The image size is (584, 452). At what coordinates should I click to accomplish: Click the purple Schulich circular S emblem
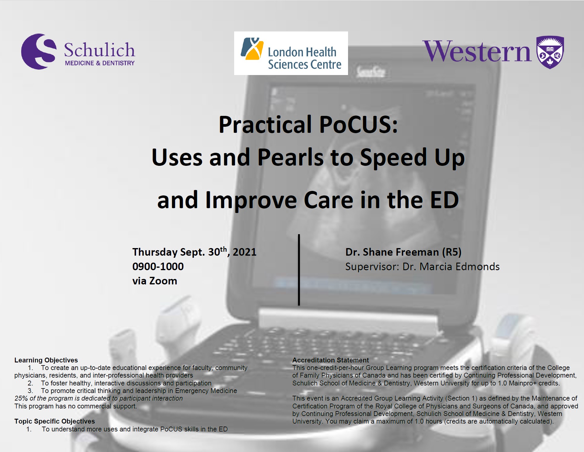[39, 51]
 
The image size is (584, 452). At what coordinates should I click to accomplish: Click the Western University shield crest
[550, 52]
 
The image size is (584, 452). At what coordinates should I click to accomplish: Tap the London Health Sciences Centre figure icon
[251, 49]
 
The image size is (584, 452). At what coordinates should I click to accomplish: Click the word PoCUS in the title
[358, 125]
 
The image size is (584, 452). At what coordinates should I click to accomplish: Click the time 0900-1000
[158, 267]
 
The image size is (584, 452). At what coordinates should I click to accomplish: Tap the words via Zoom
[154, 281]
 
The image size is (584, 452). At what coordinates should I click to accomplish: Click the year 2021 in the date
[244, 252]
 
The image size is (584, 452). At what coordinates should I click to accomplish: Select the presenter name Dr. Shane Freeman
[392, 252]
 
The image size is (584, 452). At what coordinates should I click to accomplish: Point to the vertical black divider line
[299, 270]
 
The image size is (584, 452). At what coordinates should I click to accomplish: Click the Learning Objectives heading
[46, 360]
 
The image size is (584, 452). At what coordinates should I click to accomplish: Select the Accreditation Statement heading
[330, 360]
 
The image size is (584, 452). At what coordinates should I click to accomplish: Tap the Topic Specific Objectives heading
[55, 421]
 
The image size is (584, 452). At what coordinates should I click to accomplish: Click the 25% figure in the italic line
[21, 398]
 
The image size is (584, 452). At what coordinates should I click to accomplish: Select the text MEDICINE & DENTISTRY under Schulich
[100, 63]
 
